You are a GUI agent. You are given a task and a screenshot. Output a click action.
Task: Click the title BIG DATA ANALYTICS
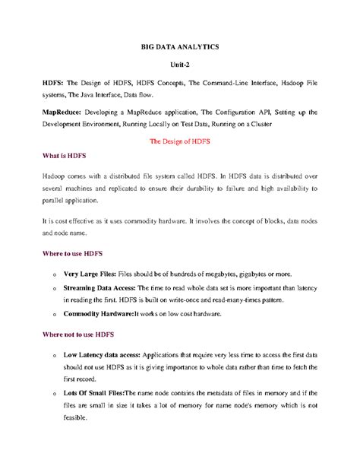(x=180, y=47)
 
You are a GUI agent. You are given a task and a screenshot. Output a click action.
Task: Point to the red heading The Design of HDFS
(x=180, y=141)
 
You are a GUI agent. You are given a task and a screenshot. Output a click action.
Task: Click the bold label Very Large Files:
(x=93, y=273)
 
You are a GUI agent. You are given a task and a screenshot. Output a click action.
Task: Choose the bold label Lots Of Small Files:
(x=99, y=393)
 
